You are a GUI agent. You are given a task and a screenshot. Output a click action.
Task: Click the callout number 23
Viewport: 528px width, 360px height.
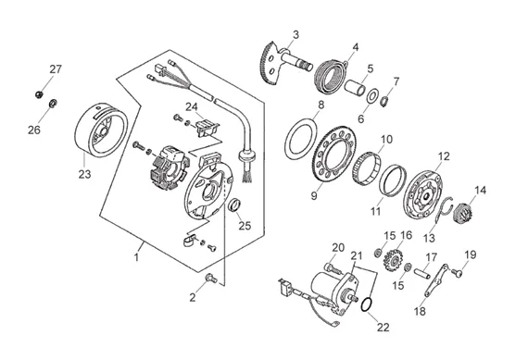[85, 174]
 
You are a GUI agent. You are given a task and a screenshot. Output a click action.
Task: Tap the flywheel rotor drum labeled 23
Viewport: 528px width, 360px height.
[101, 130]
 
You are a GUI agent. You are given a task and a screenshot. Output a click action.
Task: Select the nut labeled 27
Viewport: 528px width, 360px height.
[39, 94]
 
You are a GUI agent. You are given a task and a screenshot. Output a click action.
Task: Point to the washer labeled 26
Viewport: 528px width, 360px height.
[53, 104]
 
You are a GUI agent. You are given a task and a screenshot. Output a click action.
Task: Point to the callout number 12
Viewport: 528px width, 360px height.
[444, 156]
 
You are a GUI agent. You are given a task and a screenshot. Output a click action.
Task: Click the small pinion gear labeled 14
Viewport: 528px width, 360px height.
[460, 213]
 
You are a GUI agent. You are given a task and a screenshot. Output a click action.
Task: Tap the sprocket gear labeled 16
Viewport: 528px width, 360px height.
[393, 260]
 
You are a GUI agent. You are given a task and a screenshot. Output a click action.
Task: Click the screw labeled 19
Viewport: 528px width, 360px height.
[457, 273]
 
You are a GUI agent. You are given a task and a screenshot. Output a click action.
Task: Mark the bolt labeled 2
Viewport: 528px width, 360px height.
[211, 278]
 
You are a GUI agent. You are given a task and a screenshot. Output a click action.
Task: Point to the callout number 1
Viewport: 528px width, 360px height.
[136, 257]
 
